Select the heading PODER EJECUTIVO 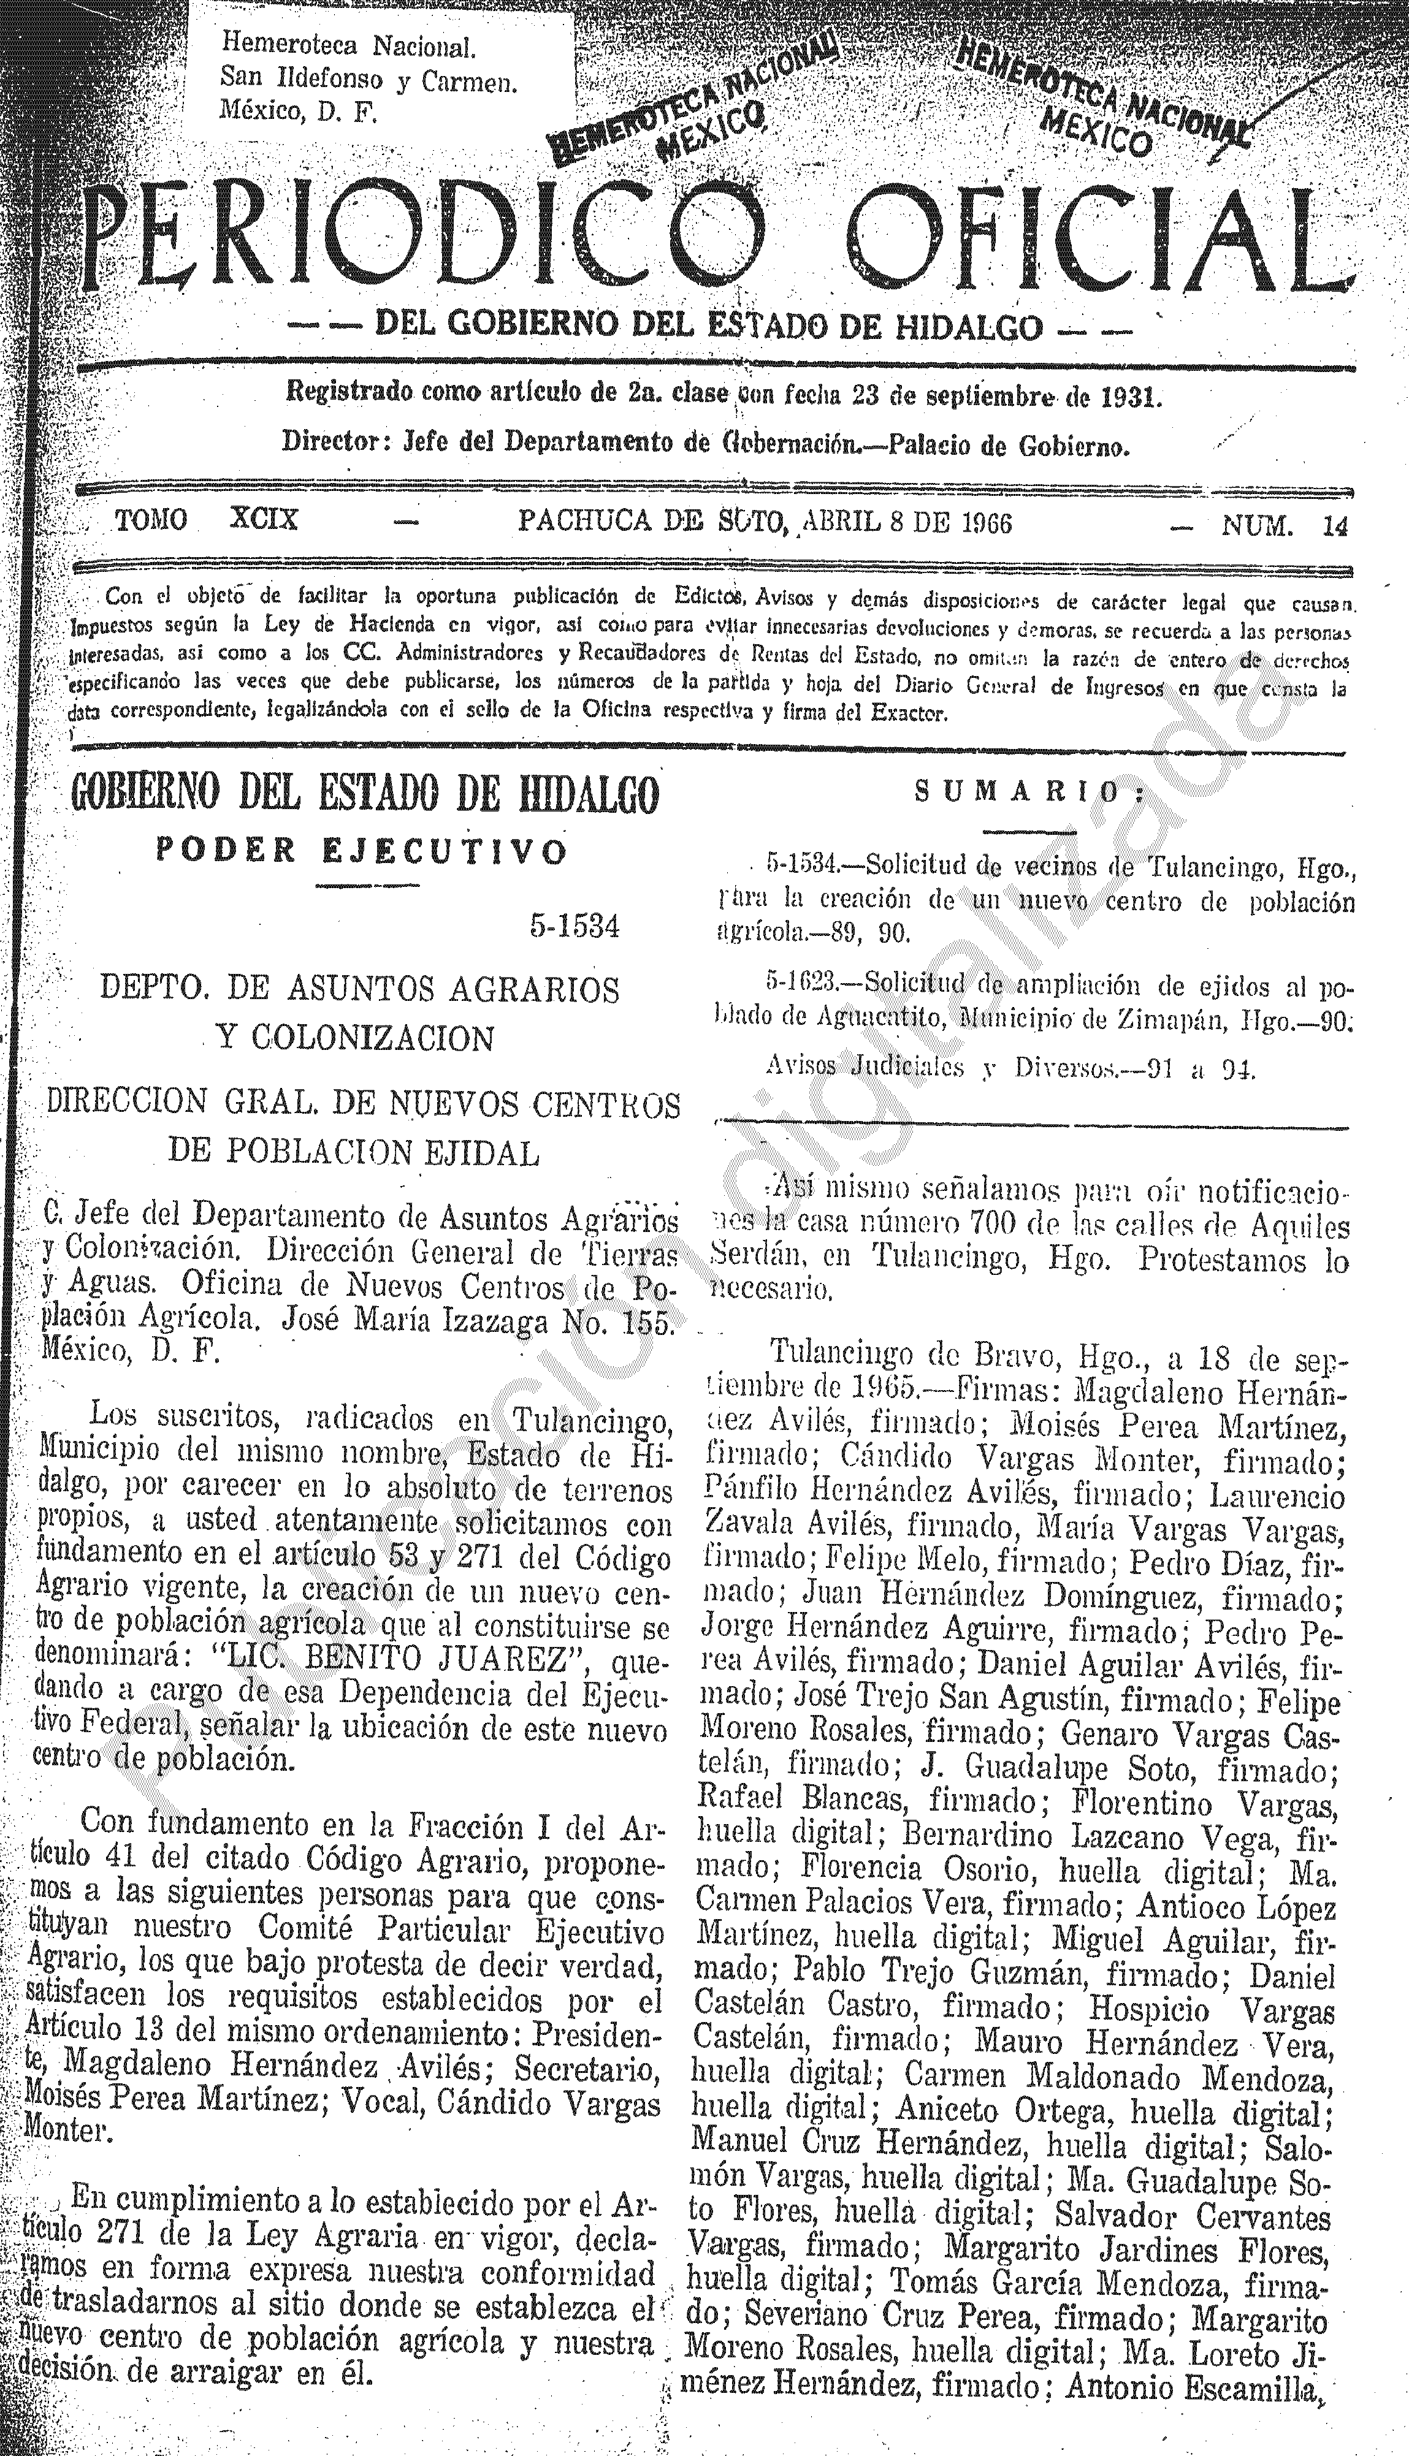point(362,851)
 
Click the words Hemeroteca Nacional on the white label point(348,45)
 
